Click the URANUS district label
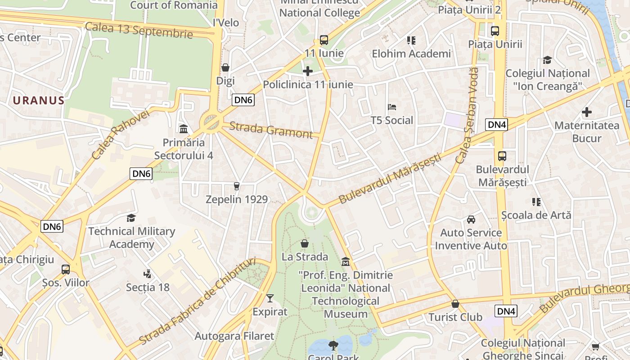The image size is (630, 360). click(x=39, y=100)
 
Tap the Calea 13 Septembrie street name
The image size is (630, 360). click(x=139, y=30)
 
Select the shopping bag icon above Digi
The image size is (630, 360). click(x=225, y=67)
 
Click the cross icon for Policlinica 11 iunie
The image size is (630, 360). click(x=308, y=71)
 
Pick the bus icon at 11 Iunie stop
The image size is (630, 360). click(x=324, y=40)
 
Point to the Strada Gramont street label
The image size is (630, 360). click(x=270, y=130)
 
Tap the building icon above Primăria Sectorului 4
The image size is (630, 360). click(x=184, y=129)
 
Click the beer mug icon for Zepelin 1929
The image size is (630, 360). click(x=237, y=186)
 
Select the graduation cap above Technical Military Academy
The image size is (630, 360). click(x=131, y=218)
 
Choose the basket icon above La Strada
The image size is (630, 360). click(x=305, y=243)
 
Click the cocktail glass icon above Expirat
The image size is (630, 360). click(x=270, y=298)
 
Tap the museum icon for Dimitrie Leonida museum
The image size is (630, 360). click(x=346, y=261)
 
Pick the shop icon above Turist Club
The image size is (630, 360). click(x=455, y=304)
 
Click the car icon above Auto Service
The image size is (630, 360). click(x=471, y=219)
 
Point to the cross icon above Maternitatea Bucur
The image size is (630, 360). click(x=587, y=112)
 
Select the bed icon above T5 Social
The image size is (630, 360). click(x=392, y=107)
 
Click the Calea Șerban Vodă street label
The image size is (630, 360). click(x=467, y=115)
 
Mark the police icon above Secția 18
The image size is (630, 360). click(x=147, y=274)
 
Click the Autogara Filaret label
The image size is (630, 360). click(x=234, y=336)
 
